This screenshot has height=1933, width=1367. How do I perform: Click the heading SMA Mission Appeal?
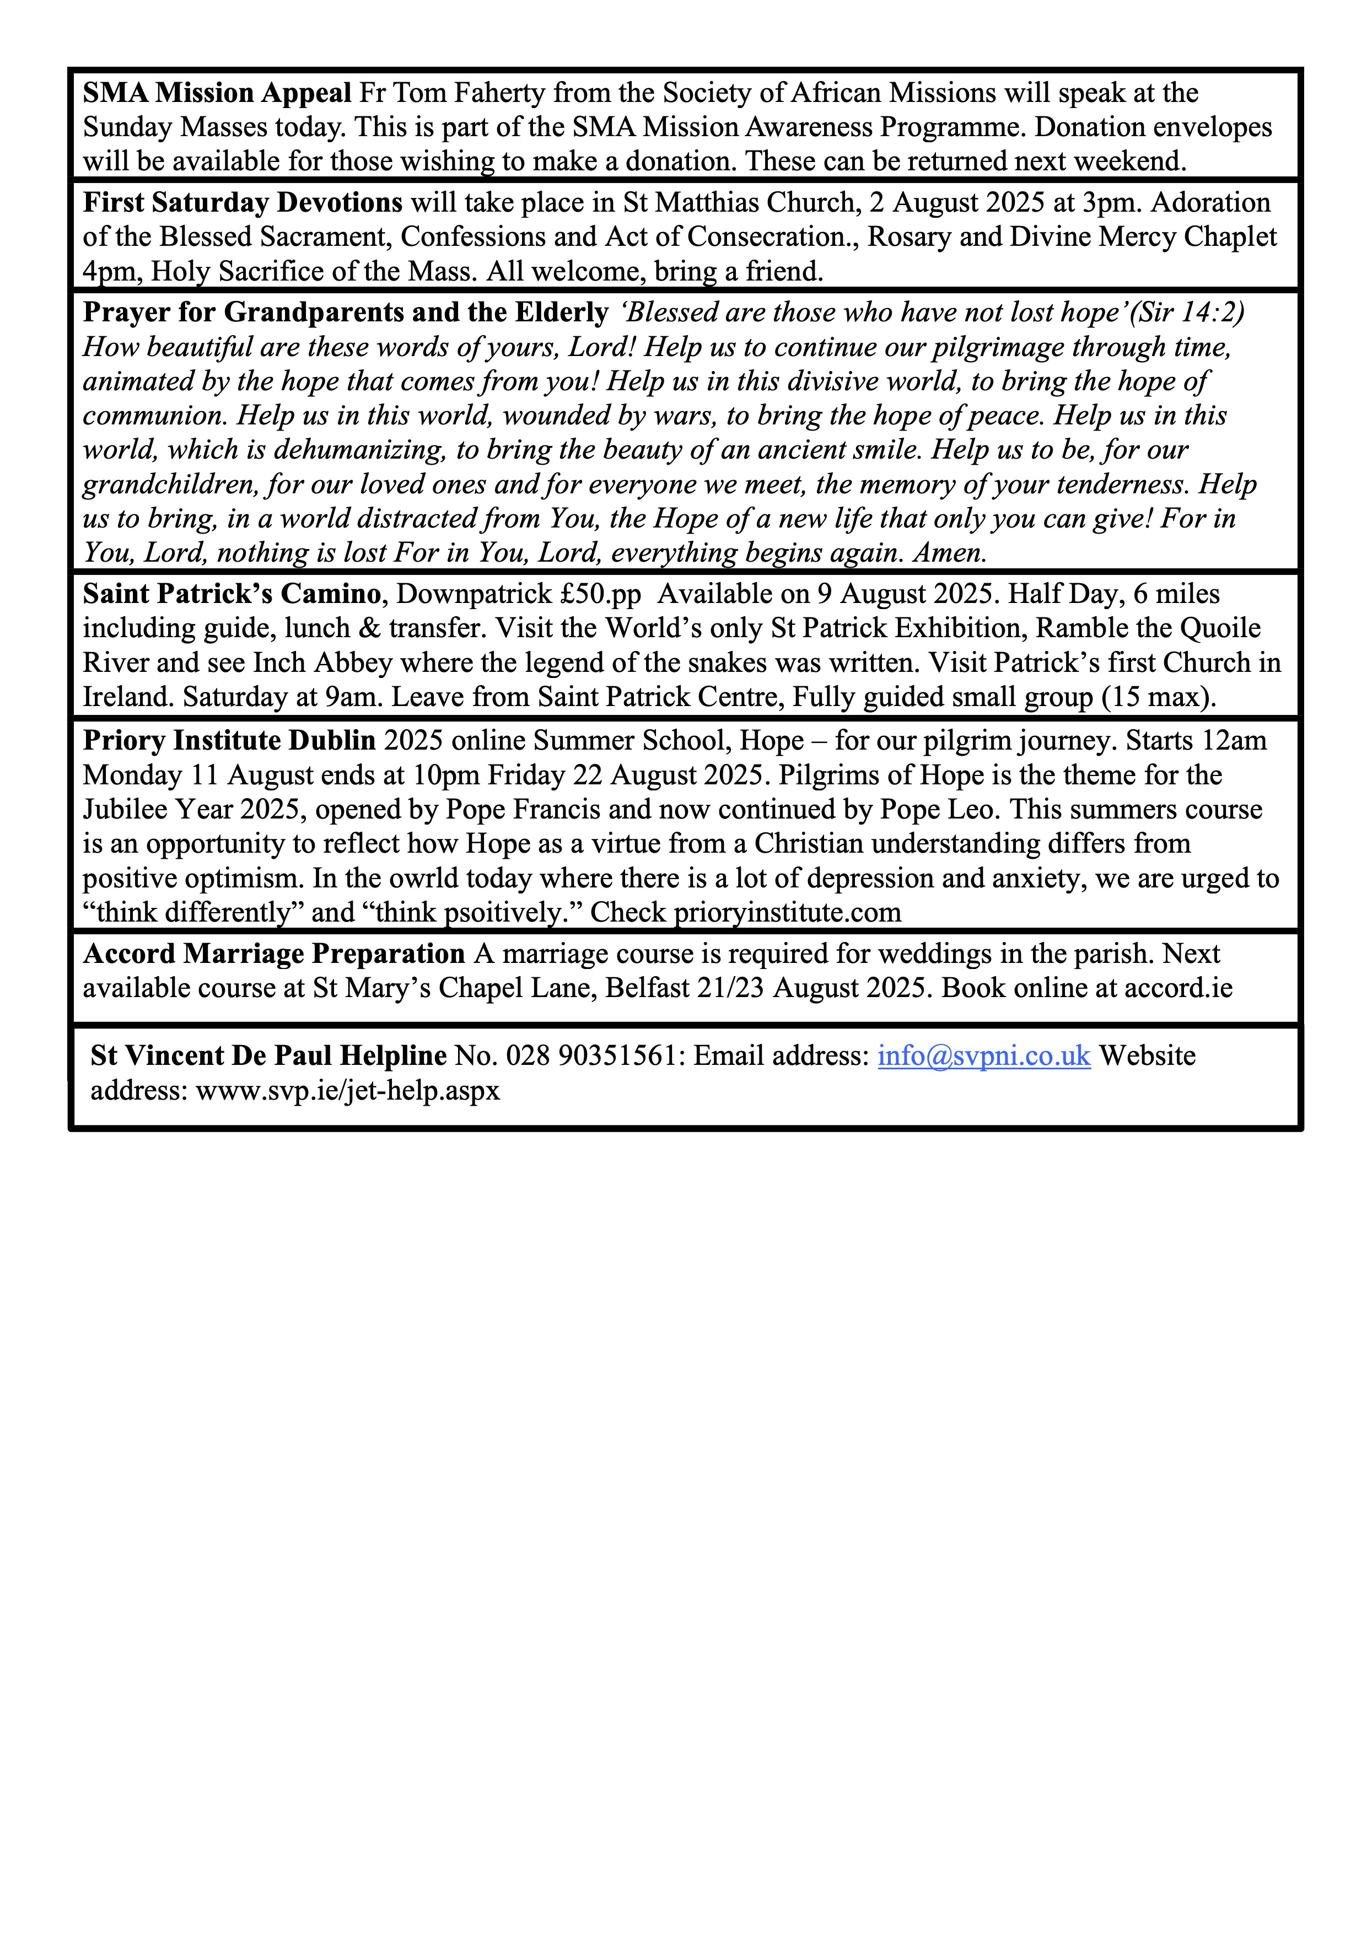(x=217, y=93)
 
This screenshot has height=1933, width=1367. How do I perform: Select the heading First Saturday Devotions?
(x=243, y=203)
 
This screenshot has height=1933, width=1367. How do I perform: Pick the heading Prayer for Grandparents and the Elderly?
(x=345, y=313)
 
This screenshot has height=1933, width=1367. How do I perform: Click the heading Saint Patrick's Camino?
(x=232, y=594)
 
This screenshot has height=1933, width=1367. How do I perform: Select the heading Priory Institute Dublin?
(x=229, y=741)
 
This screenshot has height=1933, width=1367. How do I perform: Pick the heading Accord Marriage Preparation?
(x=273, y=954)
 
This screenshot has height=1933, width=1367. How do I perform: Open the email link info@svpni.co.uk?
(x=984, y=1056)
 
